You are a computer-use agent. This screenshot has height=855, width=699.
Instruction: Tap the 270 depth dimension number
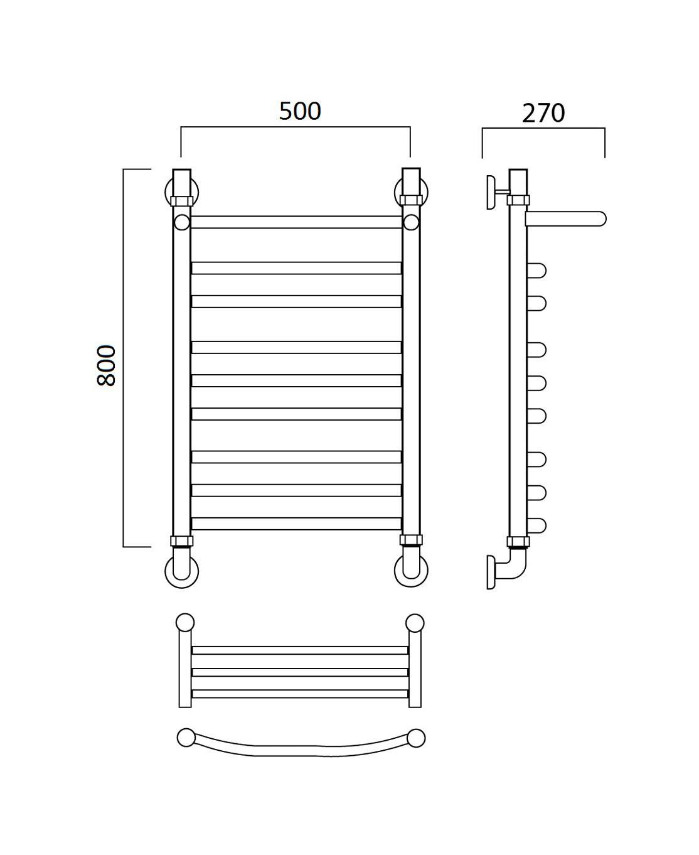coord(543,113)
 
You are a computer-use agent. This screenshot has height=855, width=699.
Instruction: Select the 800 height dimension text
coord(107,365)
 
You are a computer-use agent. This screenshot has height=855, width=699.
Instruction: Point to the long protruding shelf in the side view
coord(565,219)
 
